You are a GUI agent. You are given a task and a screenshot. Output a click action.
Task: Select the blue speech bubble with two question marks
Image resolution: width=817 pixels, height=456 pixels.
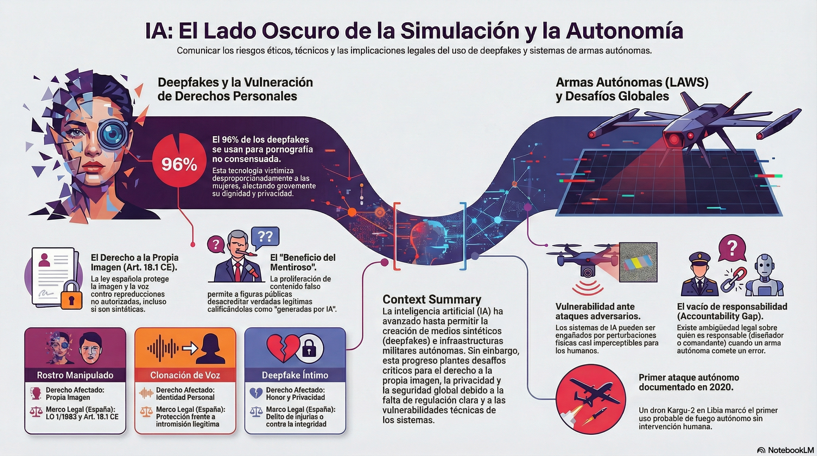pyautogui.click(x=265, y=237)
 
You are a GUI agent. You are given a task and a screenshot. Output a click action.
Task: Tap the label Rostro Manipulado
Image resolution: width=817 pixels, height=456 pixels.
pyautogui.click(x=75, y=375)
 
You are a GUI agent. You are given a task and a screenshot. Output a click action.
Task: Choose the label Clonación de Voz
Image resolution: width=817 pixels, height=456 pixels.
pyautogui.click(x=185, y=375)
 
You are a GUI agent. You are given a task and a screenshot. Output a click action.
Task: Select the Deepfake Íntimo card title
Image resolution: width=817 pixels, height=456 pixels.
pyautogui.click(x=295, y=375)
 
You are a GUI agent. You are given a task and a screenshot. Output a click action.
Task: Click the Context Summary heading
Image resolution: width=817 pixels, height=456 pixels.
pyautogui.click(x=432, y=299)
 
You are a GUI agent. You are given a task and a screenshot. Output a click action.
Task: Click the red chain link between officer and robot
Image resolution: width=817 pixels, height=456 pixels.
pyautogui.click(x=734, y=279)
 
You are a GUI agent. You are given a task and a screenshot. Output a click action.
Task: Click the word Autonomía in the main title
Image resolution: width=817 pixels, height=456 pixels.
pyautogui.click(x=625, y=31)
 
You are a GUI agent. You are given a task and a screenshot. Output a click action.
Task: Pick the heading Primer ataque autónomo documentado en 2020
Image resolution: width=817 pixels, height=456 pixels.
pyautogui.click(x=688, y=382)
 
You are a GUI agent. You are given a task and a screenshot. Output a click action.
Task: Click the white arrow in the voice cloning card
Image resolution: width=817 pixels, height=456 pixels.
pyautogui.click(x=190, y=348)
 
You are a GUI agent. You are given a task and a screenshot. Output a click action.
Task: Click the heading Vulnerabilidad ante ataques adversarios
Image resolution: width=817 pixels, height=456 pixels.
pyautogui.click(x=598, y=311)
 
